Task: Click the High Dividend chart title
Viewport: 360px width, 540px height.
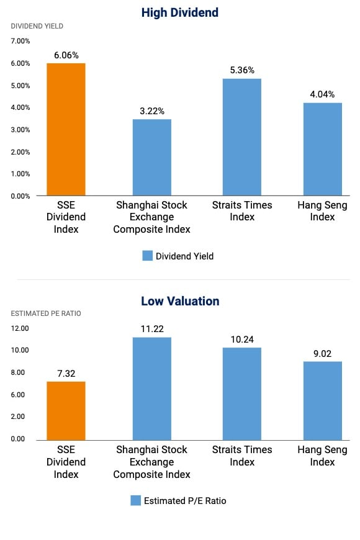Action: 180,12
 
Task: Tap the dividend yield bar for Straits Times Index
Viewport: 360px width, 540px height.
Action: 241,137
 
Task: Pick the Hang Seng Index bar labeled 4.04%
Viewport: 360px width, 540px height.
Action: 323,149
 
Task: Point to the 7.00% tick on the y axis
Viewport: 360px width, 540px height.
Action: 20,41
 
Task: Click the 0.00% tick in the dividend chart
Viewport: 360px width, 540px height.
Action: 20,196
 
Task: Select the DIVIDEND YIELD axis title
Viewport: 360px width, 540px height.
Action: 37,26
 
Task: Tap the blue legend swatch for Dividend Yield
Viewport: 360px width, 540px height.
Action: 147,256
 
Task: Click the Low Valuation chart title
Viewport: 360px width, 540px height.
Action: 180,301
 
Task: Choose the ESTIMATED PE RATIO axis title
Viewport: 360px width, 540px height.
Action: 46,313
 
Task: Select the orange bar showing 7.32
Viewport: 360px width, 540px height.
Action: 66,410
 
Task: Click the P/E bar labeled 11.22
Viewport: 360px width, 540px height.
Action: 152,388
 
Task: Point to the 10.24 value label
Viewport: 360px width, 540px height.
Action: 241,339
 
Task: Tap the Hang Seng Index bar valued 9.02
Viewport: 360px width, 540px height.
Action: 323,400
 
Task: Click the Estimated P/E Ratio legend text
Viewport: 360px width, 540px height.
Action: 185,501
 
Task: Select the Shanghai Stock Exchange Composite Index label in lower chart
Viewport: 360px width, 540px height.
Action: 153,462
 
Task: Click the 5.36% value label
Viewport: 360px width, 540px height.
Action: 241,70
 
